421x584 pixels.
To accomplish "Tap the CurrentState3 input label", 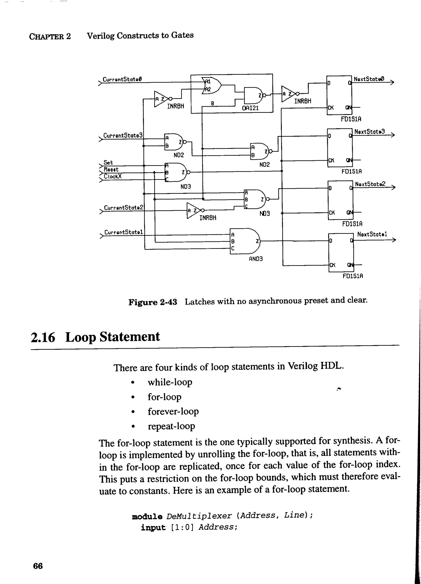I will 123,135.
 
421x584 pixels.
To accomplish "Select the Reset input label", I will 111,169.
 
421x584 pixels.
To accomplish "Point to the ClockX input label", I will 113,176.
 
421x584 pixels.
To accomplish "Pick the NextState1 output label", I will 372,234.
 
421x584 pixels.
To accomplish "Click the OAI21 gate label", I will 250,108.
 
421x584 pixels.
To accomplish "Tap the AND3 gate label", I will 256,259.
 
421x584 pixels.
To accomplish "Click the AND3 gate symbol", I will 246,241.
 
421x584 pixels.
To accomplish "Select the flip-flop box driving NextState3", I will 339,148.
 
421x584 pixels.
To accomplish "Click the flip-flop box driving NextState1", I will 341,252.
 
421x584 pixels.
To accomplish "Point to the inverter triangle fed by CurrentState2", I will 193,211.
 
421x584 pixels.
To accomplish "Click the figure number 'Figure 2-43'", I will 153,302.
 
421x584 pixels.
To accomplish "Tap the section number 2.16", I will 43,337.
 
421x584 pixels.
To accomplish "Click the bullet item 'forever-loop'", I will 173,411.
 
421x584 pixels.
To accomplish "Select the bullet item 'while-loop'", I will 170,382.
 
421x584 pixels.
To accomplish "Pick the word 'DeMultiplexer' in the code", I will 199,516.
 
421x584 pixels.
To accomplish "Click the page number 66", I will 38,566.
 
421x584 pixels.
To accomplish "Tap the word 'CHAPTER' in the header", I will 46,37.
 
